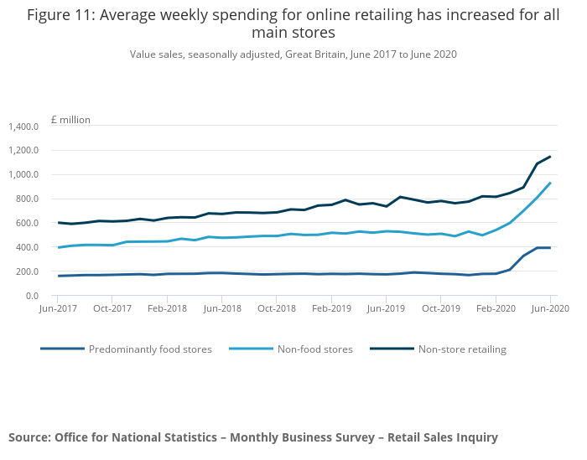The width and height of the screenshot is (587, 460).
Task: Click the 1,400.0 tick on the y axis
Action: coord(23,127)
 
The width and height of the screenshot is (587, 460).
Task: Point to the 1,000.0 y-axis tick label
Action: coord(23,175)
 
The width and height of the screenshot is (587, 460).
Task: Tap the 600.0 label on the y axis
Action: coord(28,223)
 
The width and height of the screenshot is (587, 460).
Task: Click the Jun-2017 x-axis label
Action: coord(57,308)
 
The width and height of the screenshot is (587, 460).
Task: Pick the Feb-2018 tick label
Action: coord(166,308)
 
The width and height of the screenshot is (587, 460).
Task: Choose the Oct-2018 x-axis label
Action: coord(276,308)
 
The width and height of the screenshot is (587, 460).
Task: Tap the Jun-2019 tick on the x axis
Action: coord(385,308)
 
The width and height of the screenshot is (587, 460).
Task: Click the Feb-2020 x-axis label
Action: coord(495,308)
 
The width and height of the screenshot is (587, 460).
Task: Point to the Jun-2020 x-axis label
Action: coord(550,308)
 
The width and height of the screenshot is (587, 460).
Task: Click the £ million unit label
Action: coord(70,120)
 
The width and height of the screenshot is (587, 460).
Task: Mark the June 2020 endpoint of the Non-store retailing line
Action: coord(550,157)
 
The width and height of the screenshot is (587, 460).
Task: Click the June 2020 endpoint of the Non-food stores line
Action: coord(550,183)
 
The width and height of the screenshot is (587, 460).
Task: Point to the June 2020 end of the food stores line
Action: coord(550,248)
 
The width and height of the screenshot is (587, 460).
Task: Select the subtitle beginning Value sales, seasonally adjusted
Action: coord(293,54)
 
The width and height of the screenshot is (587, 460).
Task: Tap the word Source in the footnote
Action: coord(29,437)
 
